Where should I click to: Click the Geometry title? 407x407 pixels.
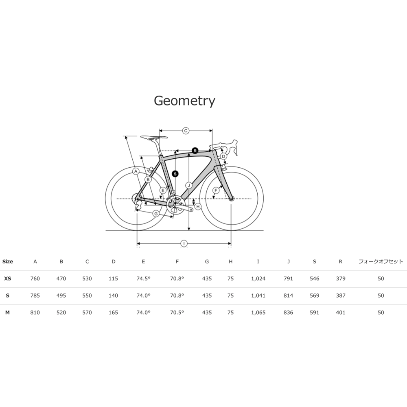[184, 101]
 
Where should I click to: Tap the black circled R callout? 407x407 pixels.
[195, 151]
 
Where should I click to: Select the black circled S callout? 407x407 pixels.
[175, 174]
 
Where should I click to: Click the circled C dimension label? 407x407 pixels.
[186, 131]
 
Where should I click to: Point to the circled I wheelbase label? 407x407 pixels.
[184, 243]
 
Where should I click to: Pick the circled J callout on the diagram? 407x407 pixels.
[189, 185]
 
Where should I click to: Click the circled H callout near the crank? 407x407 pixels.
[198, 207]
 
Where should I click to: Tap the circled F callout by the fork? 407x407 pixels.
[216, 190]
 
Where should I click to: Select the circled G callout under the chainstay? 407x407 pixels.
[156, 214]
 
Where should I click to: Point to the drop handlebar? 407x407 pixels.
[229, 147]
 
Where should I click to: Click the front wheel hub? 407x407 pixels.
[231, 199]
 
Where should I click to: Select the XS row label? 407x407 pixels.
[7, 278]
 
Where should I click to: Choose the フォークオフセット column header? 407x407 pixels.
[381, 262]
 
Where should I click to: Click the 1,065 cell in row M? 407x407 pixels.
[258, 313]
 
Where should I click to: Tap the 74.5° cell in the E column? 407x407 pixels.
[143, 278]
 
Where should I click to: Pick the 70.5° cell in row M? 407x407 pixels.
[177, 313]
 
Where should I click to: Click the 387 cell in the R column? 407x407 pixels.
[341, 295]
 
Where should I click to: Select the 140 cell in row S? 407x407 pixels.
[113, 295]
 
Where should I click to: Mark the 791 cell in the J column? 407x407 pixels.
[289, 278]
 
